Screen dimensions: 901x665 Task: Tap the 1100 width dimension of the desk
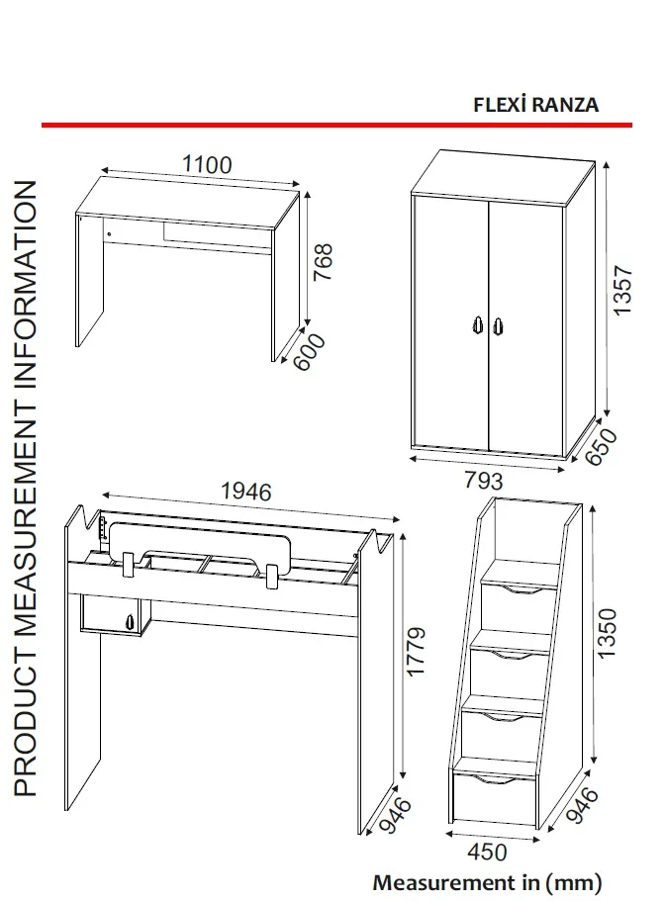point(207,164)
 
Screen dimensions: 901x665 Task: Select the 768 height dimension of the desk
point(324,262)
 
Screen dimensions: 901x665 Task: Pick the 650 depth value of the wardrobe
point(604,448)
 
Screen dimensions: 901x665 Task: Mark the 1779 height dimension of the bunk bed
point(417,652)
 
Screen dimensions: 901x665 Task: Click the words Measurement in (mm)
point(486,880)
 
